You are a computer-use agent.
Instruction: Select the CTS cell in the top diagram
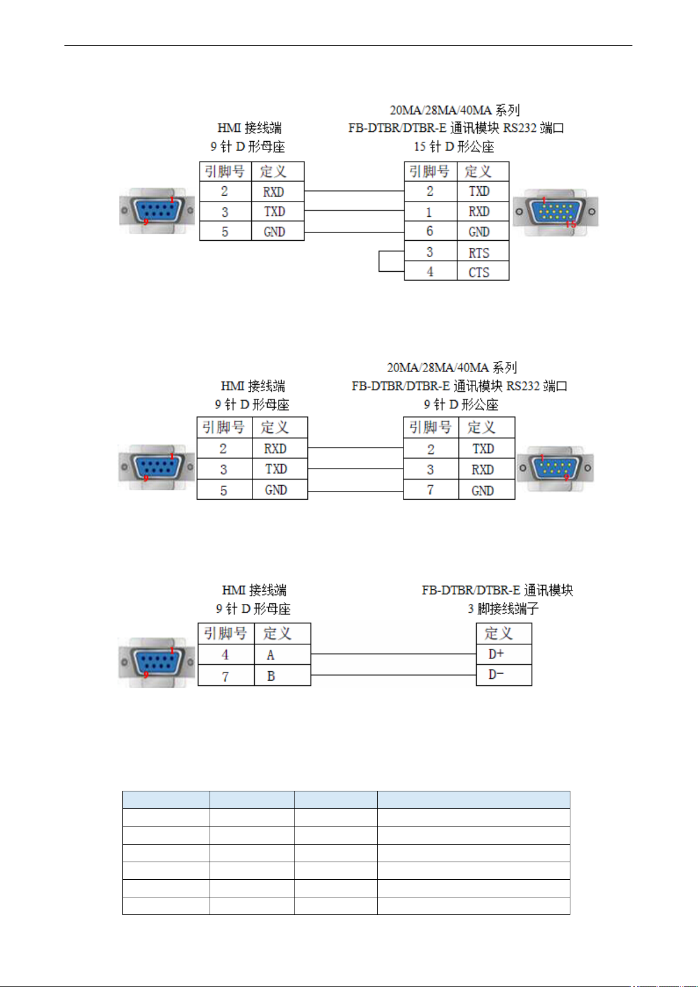coord(483,271)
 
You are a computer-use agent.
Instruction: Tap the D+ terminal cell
coord(504,654)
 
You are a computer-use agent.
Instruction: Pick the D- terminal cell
coord(504,675)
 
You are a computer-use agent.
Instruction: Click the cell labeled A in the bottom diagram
coord(282,654)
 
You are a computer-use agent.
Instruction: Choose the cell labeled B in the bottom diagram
coord(282,675)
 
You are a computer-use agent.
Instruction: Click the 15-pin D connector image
coord(556,212)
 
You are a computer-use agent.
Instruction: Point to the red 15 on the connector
coord(571,224)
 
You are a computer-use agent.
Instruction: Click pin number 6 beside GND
coord(430,231)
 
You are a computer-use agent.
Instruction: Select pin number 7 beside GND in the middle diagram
coord(431,490)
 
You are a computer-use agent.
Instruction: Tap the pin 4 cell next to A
coord(226,654)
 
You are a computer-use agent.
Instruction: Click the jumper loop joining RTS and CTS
coord(379,261)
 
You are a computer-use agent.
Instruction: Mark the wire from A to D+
coord(394,654)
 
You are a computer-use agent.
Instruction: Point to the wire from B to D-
coord(394,675)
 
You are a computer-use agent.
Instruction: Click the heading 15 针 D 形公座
coord(454,146)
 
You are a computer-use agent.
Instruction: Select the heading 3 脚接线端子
coord(503,609)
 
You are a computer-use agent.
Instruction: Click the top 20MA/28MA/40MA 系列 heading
coord(454,110)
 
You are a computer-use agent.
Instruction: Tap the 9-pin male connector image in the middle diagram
coord(555,469)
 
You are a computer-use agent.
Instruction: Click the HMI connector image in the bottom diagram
coord(157,662)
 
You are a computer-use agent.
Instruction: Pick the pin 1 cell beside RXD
coord(430,211)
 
